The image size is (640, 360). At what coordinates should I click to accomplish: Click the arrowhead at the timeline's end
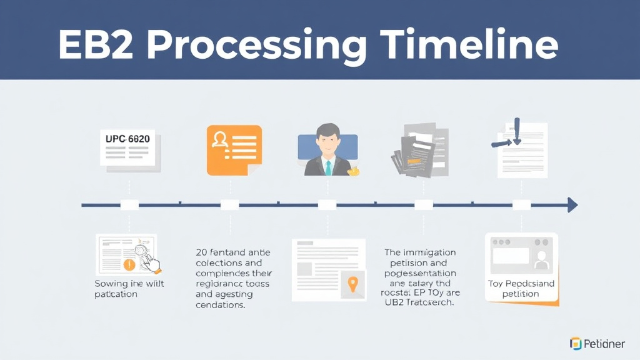[572, 204]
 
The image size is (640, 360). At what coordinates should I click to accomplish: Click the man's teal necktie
[327, 167]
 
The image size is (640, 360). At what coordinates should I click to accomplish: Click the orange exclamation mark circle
[129, 264]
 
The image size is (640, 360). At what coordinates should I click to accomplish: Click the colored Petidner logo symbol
[576, 343]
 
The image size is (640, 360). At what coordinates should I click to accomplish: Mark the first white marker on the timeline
[129, 204]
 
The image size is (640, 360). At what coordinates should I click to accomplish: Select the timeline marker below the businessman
[327, 204]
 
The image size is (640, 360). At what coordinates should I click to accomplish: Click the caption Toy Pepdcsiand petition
[521, 289]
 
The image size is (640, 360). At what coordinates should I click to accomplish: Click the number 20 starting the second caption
[201, 253]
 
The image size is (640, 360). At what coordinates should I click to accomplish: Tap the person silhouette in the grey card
[541, 256]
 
